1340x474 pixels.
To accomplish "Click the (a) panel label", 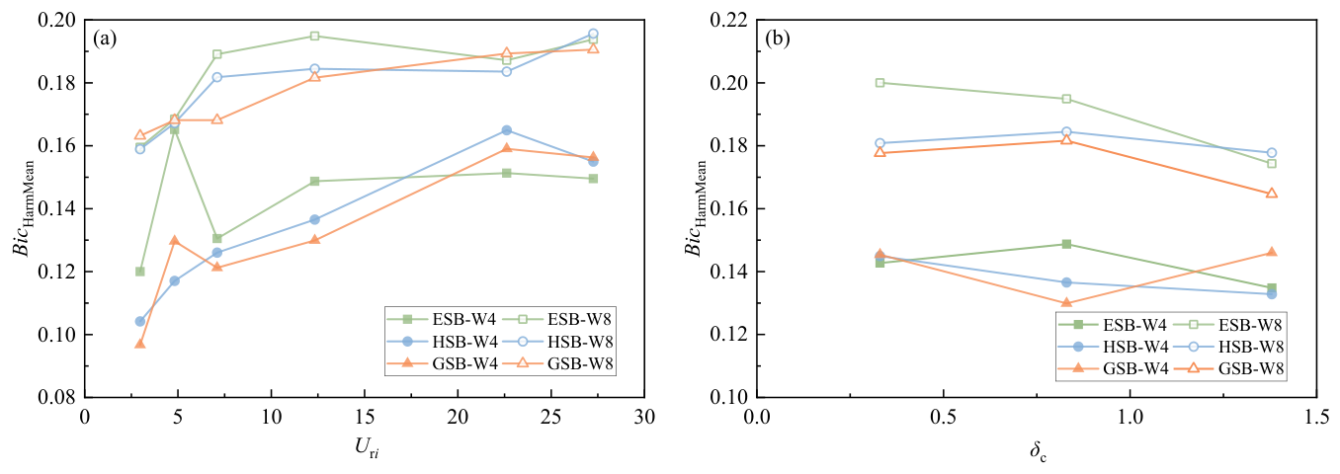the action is coord(105,39).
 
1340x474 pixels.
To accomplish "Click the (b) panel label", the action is coord(778,39).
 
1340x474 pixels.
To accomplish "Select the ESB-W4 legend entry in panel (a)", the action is coord(442,319).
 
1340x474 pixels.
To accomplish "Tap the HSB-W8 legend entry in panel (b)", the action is coord(1229,347).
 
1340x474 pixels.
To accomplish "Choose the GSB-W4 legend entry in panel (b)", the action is coord(1114,368).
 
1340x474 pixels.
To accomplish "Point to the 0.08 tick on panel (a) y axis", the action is coord(56,398).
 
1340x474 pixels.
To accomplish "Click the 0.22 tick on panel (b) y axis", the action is coord(728,21).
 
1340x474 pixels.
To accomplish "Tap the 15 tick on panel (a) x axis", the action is coord(365,417).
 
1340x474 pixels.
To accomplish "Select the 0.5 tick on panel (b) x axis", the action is coord(944,417).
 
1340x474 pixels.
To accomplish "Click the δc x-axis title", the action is coord(1038,451).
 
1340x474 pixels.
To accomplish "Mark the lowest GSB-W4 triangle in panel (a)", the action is coord(140,344).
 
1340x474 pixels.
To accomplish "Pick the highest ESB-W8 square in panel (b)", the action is coord(879,83).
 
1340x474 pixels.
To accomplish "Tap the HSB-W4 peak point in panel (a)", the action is coord(507,130).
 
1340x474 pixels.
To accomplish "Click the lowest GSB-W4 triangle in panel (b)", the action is coord(1066,303).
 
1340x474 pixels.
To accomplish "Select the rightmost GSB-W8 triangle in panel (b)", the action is coord(1272,194).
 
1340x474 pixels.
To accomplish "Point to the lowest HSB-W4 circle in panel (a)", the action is coord(140,322).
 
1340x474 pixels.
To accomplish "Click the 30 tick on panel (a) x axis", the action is coord(644,417).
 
